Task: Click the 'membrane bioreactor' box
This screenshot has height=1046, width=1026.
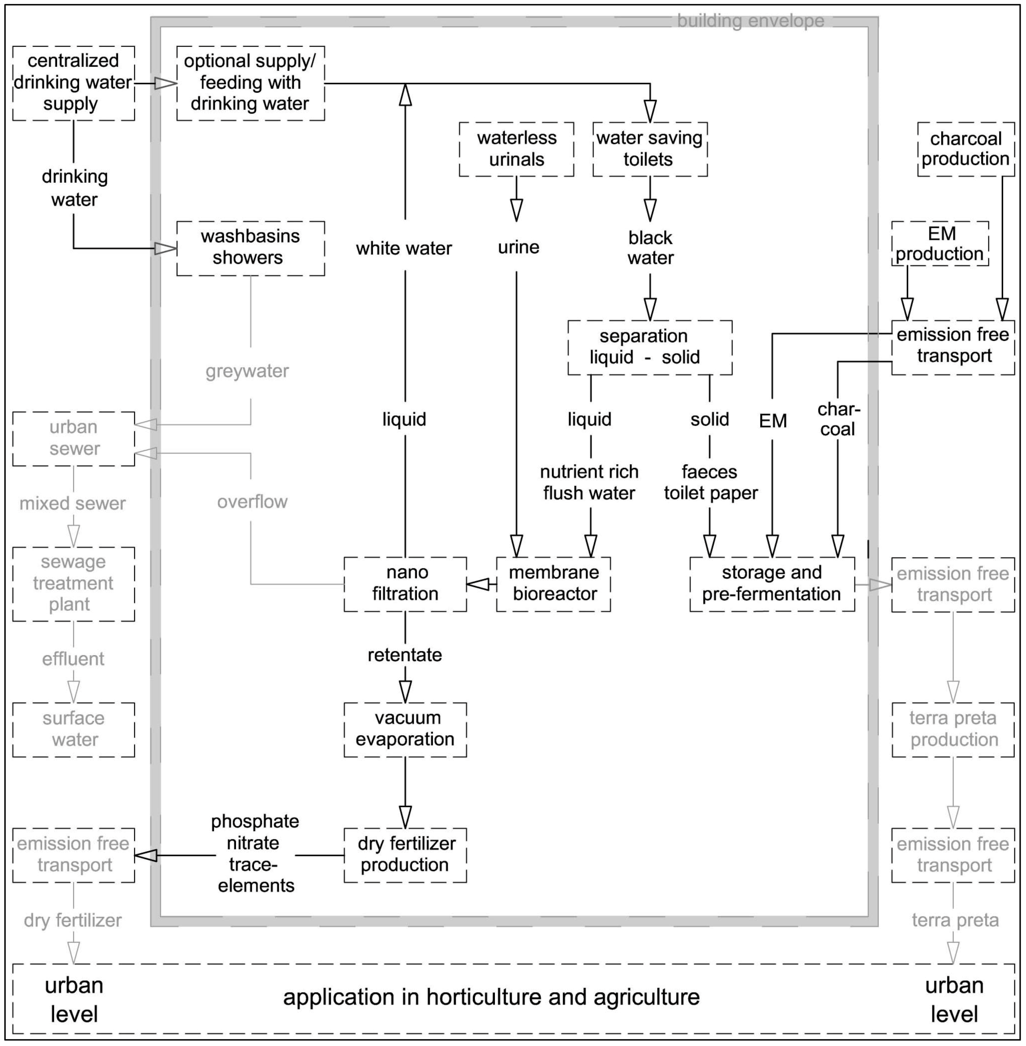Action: coord(554,584)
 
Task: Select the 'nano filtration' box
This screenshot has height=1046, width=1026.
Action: coord(405,584)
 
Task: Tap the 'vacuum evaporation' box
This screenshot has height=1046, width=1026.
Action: coord(405,729)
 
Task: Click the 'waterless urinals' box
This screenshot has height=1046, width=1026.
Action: coord(516,149)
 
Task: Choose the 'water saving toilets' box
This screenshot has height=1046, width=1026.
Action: coord(649,149)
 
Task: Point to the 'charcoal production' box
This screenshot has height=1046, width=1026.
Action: coord(965,149)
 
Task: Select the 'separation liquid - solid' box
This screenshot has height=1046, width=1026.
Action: coord(649,347)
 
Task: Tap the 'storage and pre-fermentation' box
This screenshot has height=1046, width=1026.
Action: coord(772,584)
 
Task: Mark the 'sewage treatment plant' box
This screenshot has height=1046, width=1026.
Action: coord(74,584)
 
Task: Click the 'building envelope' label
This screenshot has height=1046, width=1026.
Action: coord(750,21)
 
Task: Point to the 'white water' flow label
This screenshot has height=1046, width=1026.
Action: coord(404,248)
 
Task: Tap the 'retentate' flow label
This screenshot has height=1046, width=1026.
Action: coord(405,655)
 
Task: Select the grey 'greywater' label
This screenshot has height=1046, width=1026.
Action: coord(247,371)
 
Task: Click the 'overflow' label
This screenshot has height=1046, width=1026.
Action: coord(252,502)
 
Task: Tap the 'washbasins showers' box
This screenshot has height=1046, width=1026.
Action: coord(251,248)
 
